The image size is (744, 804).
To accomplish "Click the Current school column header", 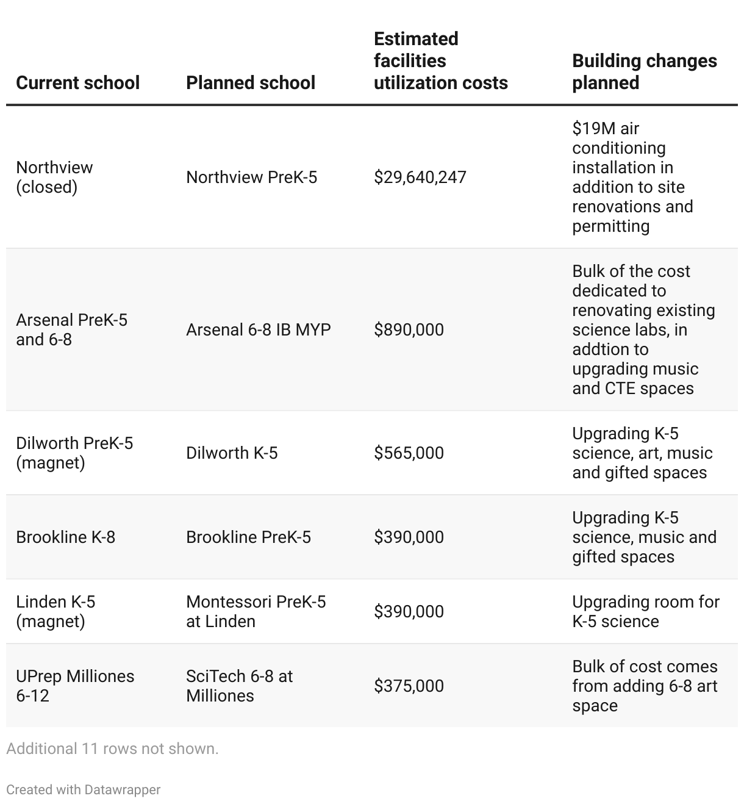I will (77, 83).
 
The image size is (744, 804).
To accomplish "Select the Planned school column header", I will (251, 83).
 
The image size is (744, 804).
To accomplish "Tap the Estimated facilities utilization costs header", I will (440, 61).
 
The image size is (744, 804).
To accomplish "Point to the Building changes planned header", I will (644, 72).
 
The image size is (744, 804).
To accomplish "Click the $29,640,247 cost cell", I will (420, 178).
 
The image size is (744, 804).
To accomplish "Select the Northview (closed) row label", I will (54, 177).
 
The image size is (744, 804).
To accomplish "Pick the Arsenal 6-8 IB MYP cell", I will (258, 330).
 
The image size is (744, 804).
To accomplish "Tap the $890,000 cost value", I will (409, 330).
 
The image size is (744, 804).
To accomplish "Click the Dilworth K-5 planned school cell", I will (232, 453).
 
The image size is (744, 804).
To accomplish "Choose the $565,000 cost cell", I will (409, 453).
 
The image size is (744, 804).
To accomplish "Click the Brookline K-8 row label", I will (65, 537).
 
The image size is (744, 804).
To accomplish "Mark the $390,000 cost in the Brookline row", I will (409, 537).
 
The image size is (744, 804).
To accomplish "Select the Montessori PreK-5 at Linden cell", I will (256, 611).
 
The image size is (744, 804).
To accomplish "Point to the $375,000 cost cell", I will (409, 686).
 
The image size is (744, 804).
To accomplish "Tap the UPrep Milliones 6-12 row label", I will (75, 686).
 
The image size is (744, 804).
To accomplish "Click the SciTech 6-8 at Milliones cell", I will (239, 686).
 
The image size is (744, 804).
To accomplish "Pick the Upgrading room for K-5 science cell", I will (645, 611).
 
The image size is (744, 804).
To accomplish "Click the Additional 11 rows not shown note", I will (112, 748).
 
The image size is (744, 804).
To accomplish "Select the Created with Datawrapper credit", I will (83, 790).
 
